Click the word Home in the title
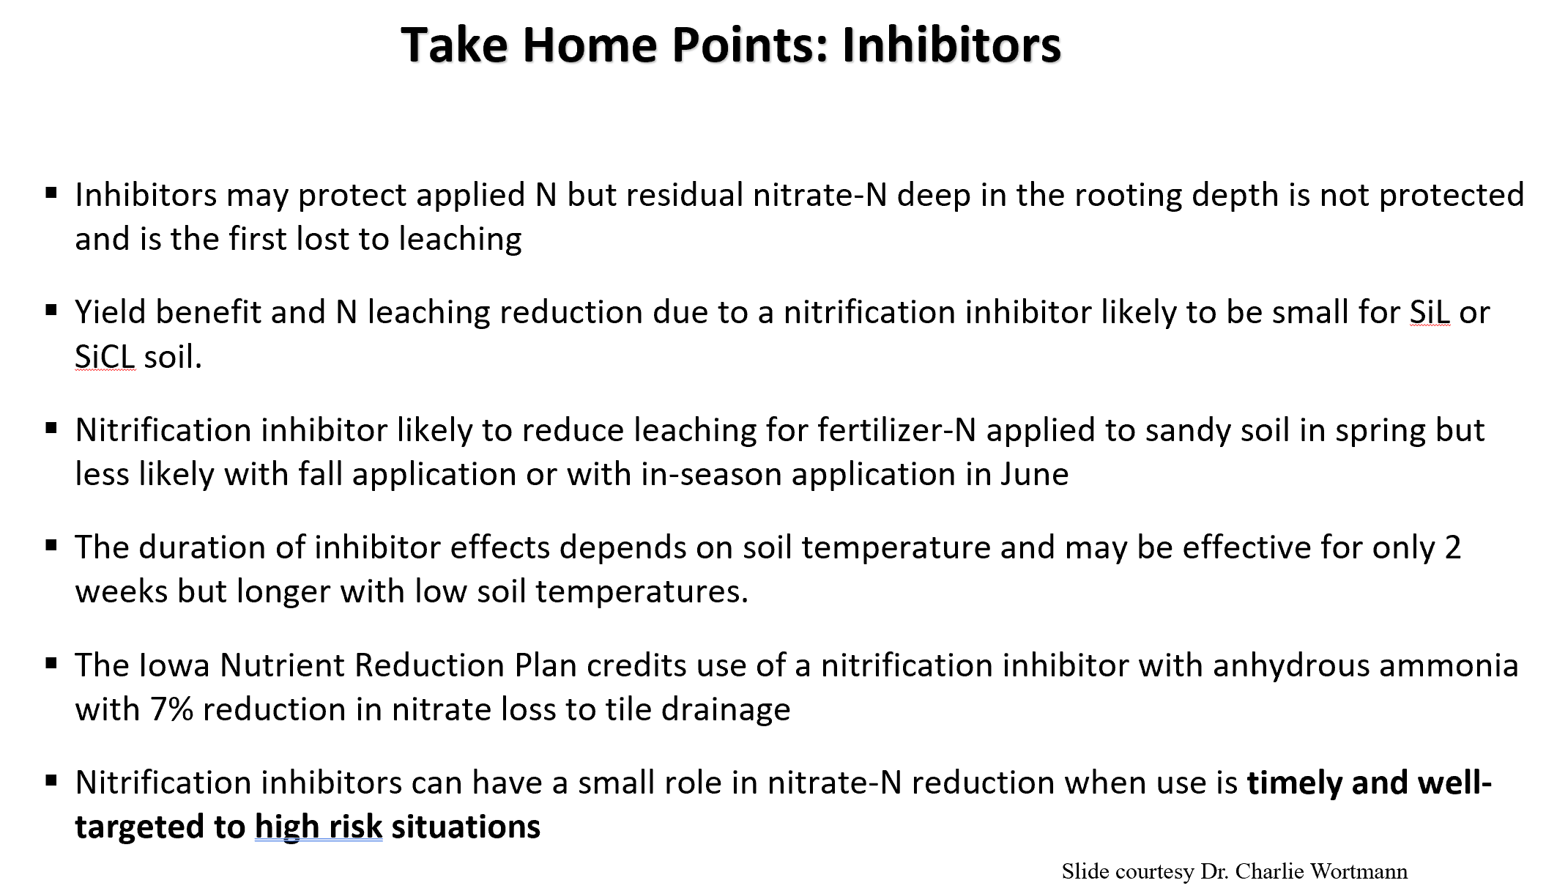(x=588, y=45)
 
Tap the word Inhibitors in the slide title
(x=951, y=45)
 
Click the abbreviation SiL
(x=1430, y=313)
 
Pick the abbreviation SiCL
(x=105, y=357)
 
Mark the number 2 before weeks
(x=1453, y=548)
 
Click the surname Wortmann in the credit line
(x=1359, y=871)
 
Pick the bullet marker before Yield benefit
(x=51, y=311)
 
